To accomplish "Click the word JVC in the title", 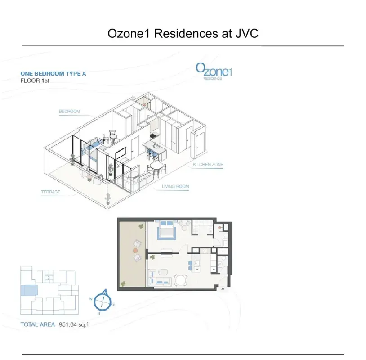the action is point(247,33).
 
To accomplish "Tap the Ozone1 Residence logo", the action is point(214,71).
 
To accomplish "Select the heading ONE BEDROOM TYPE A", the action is point(53,74).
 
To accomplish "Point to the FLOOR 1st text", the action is point(35,81).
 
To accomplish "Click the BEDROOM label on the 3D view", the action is point(70,112).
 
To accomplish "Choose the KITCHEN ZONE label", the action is point(208,164).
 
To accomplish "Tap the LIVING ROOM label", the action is point(175,186).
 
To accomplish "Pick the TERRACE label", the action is point(51,192).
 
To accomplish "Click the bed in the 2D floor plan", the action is point(166,230).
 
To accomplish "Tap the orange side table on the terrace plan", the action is point(135,251).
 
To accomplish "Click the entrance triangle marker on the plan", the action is point(223,289).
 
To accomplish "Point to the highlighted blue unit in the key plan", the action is point(29,290).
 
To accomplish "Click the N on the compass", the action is point(105,292).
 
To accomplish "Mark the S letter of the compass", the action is point(99,313).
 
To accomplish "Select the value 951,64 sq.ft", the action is point(74,325).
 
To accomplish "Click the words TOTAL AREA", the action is point(38,324).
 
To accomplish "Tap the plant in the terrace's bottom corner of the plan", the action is point(122,284).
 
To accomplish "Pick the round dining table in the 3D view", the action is point(156,166).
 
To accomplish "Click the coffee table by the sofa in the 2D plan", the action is point(163,272).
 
